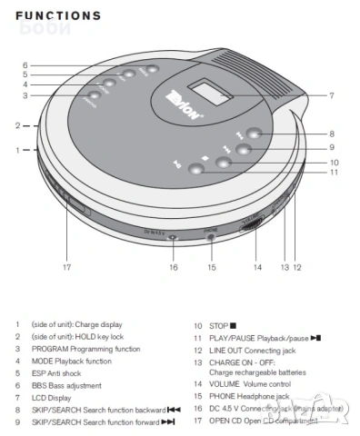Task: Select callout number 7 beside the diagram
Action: click(332, 94)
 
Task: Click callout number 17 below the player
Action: click(66, 267)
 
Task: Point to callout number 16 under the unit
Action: click(172, 267)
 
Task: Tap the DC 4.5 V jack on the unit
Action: click(172, 238)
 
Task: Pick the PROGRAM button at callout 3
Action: click(94, 96)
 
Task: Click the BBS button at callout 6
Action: click(151, 69)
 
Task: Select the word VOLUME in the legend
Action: click(227, 384)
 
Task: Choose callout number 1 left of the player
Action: click(16, 148)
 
